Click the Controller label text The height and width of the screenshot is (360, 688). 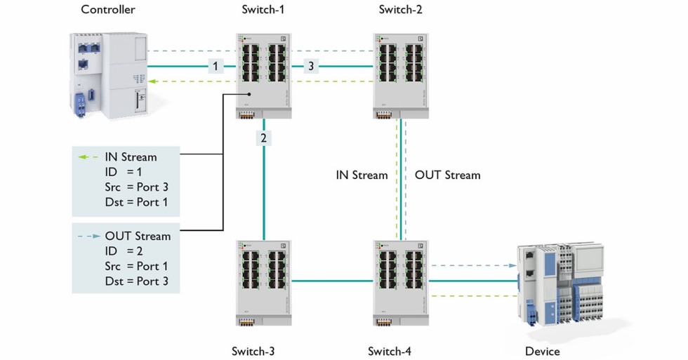pos(108,10)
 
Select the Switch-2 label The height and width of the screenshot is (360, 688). pos(400,10)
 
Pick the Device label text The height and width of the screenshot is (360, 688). pos(543,351)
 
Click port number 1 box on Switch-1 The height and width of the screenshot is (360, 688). pos(217,66)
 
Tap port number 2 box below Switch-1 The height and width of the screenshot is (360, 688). pos(263,138)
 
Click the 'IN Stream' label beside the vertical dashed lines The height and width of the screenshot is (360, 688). pos(362,175)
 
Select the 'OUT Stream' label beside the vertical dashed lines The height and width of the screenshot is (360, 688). pos(447,175)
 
